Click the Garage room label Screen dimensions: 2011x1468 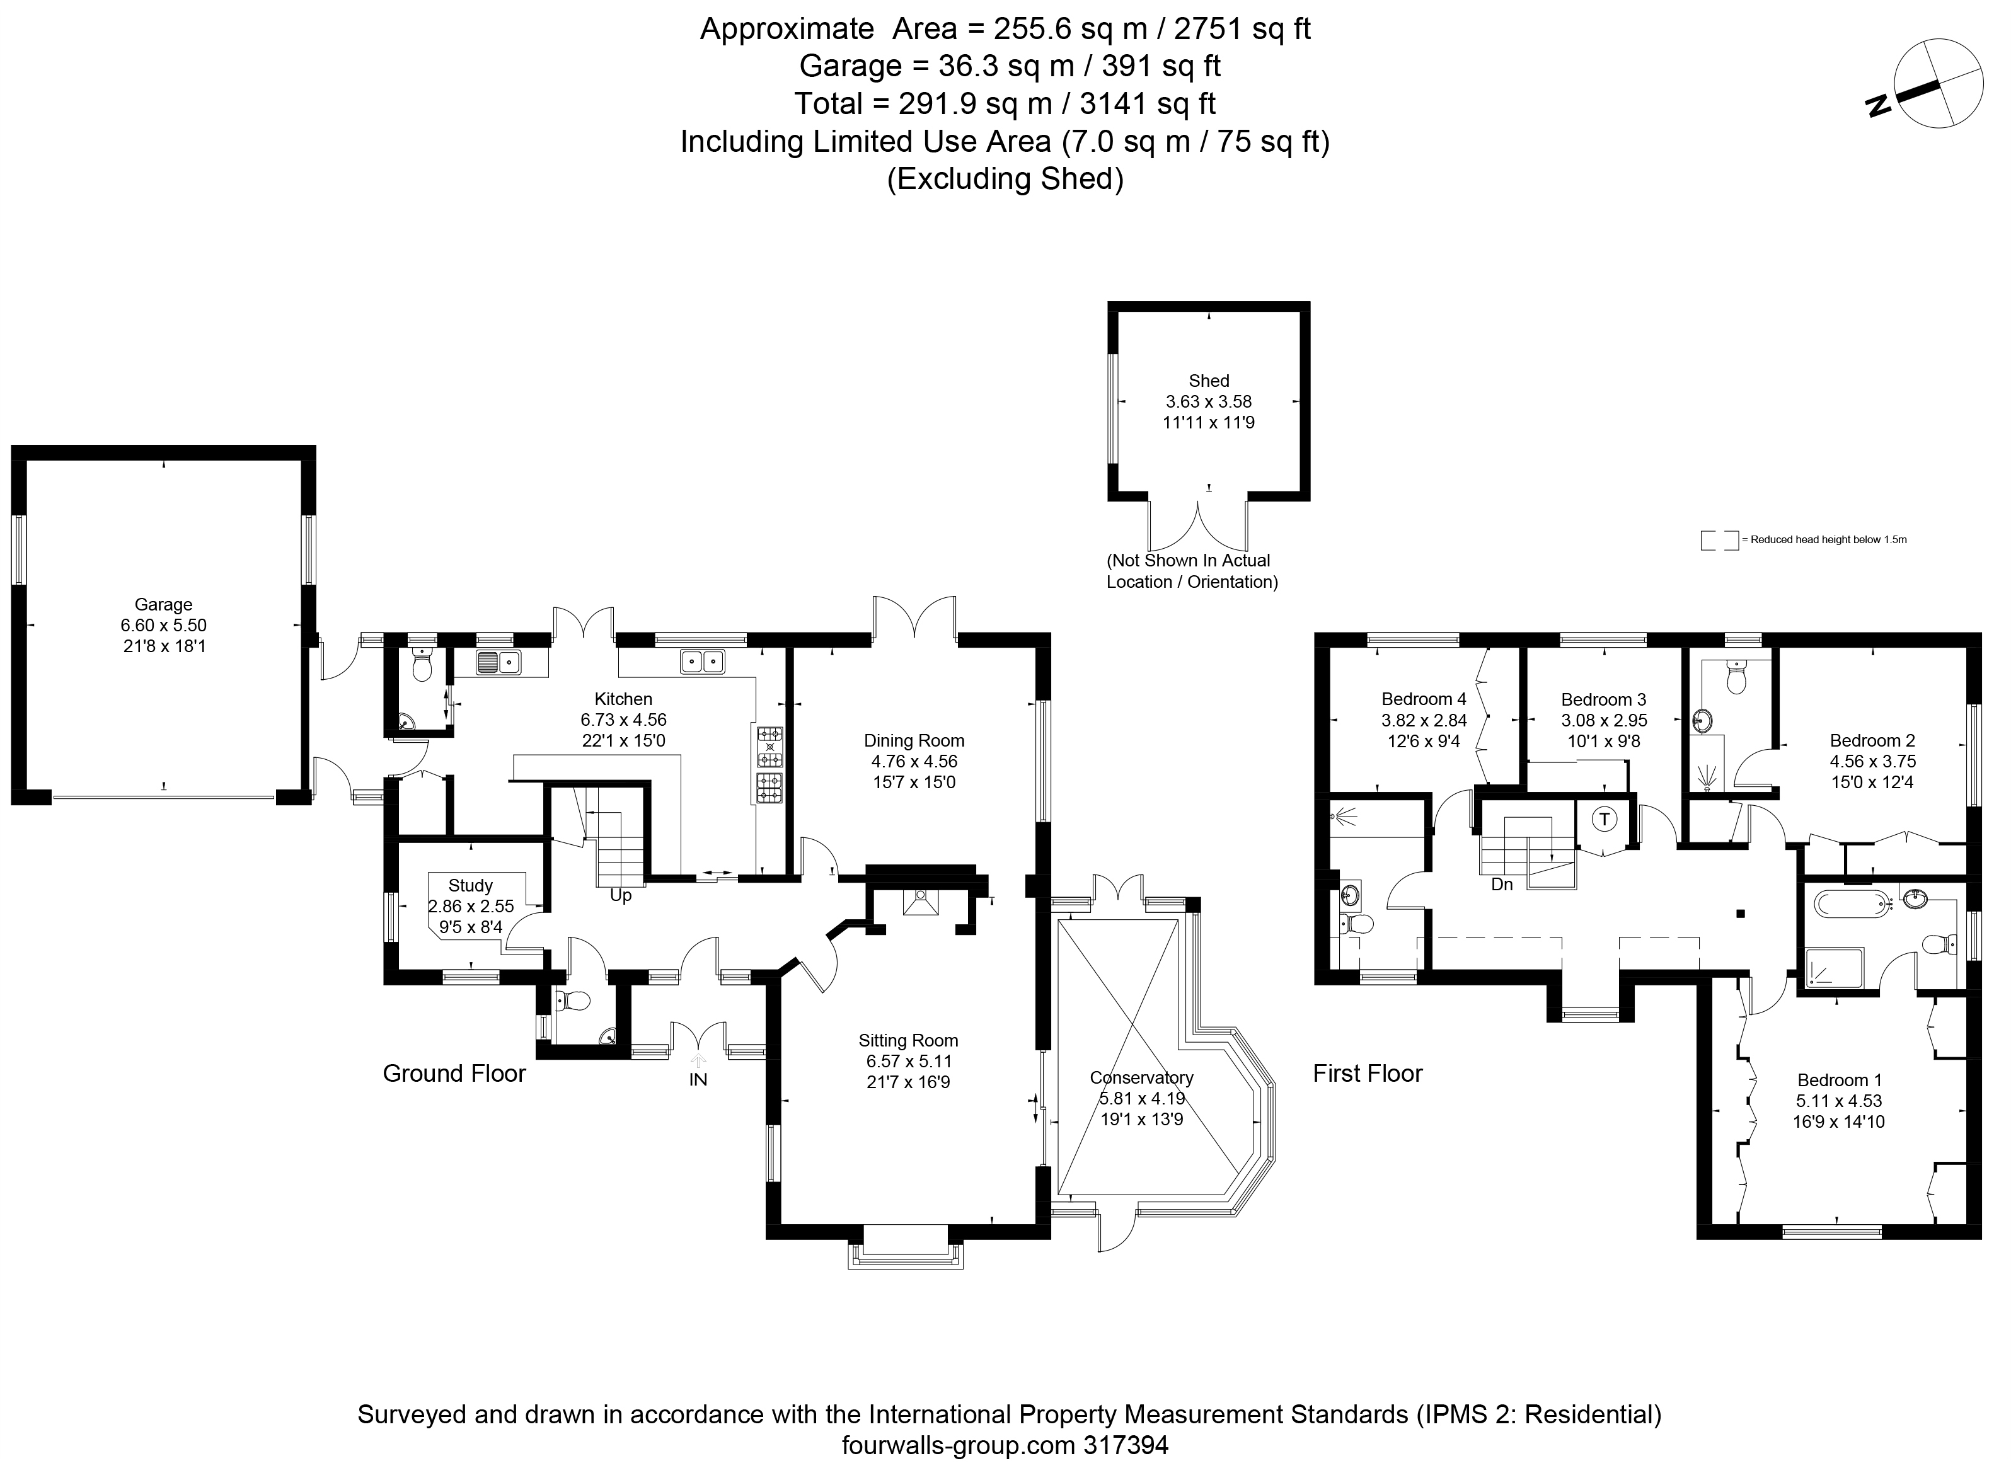(x=163, y=605)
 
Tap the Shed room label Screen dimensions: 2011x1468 (x=1209, y=381)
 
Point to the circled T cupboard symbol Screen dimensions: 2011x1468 (x=1604, y=818)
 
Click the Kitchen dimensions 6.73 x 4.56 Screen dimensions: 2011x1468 (x=624, y=720)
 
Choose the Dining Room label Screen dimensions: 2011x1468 (x=914, y=741)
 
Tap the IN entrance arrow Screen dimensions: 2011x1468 (x=698, y=1060)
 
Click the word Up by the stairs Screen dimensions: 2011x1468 (x=620, y=896)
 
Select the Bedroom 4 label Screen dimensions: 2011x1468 (x=1424, y=699)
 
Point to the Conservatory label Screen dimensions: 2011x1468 (x=1141, y=1078)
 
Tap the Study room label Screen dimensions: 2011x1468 (x=470, y=886)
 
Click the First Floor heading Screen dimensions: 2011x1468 (x=1368, y=1074)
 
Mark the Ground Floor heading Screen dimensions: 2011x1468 (x=454, y=1074)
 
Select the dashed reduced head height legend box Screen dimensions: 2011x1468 (x=1719, y=541)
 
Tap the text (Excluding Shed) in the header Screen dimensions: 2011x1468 (x=1005, y=180)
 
